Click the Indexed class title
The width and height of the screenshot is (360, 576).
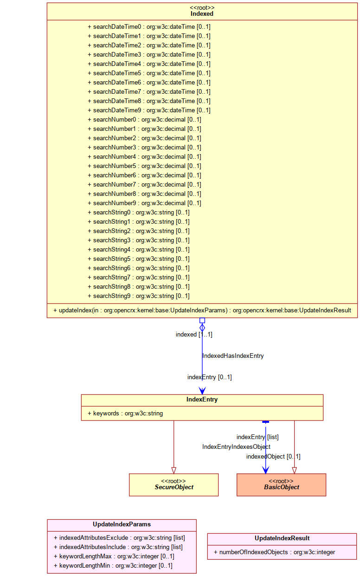(202, 14)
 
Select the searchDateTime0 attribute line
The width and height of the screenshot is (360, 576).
(149, 27)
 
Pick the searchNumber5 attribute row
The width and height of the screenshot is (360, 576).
(144, 166)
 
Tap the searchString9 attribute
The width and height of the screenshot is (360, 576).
(139, 296)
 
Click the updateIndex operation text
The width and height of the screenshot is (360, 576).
(202, 311)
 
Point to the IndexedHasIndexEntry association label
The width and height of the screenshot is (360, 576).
(233, 356)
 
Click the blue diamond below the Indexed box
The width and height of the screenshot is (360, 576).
(202, 328)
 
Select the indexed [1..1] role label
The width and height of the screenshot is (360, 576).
(194, 335)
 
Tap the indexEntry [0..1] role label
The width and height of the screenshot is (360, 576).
(209, 377)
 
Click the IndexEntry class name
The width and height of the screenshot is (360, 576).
(202, 400)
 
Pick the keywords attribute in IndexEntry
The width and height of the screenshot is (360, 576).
(125, 414)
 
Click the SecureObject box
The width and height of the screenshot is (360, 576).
(174, 485)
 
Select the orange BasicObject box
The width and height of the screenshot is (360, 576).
(282, 485)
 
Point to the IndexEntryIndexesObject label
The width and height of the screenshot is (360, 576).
(237, 447)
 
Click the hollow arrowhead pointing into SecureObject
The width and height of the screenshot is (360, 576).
(174, 471)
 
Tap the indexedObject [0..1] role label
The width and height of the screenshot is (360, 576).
(273, 456)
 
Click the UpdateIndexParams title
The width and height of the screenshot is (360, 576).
(122, 524)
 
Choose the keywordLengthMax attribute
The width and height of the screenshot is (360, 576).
(114, 557)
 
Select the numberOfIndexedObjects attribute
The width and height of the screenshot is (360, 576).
(275, 552)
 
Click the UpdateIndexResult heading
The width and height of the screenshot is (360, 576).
(282, 538)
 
